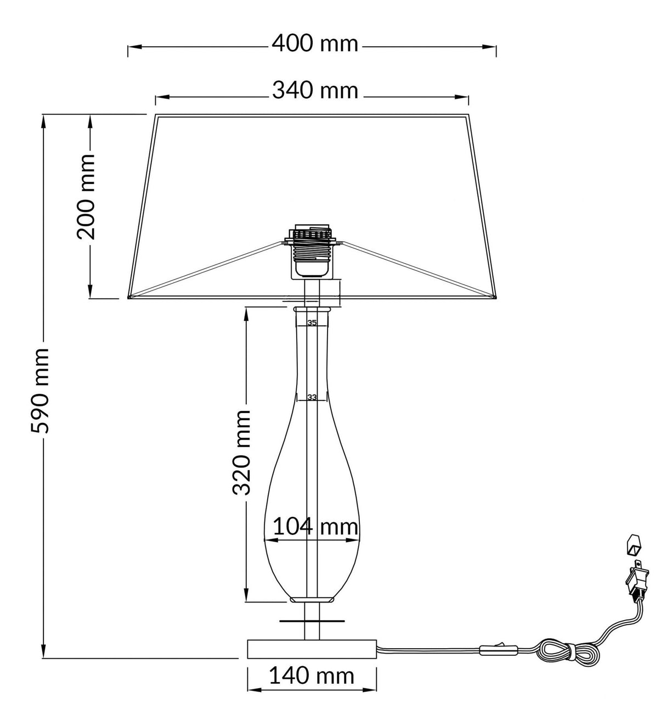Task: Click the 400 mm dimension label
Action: coord(315,43)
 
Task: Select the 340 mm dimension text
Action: coord(315,91)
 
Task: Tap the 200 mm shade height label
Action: coord(86,197)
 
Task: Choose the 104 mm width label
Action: coord(315,527)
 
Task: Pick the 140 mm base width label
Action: coord(311,675)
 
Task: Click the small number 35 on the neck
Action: coord(312,323)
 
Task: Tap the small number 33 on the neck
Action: coord(312,397)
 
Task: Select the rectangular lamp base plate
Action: coord(312,649)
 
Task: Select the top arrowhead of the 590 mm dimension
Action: coord(44,119)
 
